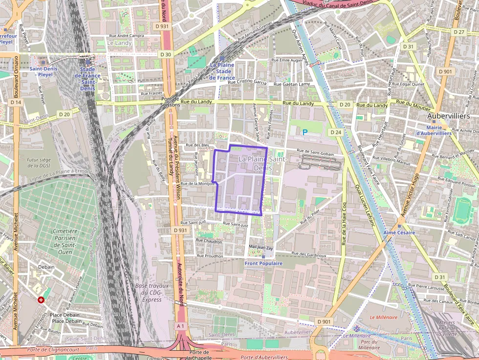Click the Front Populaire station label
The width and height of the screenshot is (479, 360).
click(263, 263)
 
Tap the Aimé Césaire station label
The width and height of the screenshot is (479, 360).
click(399, 233)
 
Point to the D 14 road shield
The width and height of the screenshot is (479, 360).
click(16, 102)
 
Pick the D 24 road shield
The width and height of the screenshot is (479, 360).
click(335, 132)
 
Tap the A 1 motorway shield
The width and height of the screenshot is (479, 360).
click(180, 326)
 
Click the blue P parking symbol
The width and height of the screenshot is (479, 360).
click(305, 132)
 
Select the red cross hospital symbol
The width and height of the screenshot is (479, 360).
click(41, 299)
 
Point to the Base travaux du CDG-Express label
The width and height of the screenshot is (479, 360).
click(152, 292)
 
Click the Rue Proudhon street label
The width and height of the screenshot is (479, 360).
click(210, 255)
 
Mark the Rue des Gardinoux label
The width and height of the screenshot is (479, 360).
click(308, 254)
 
